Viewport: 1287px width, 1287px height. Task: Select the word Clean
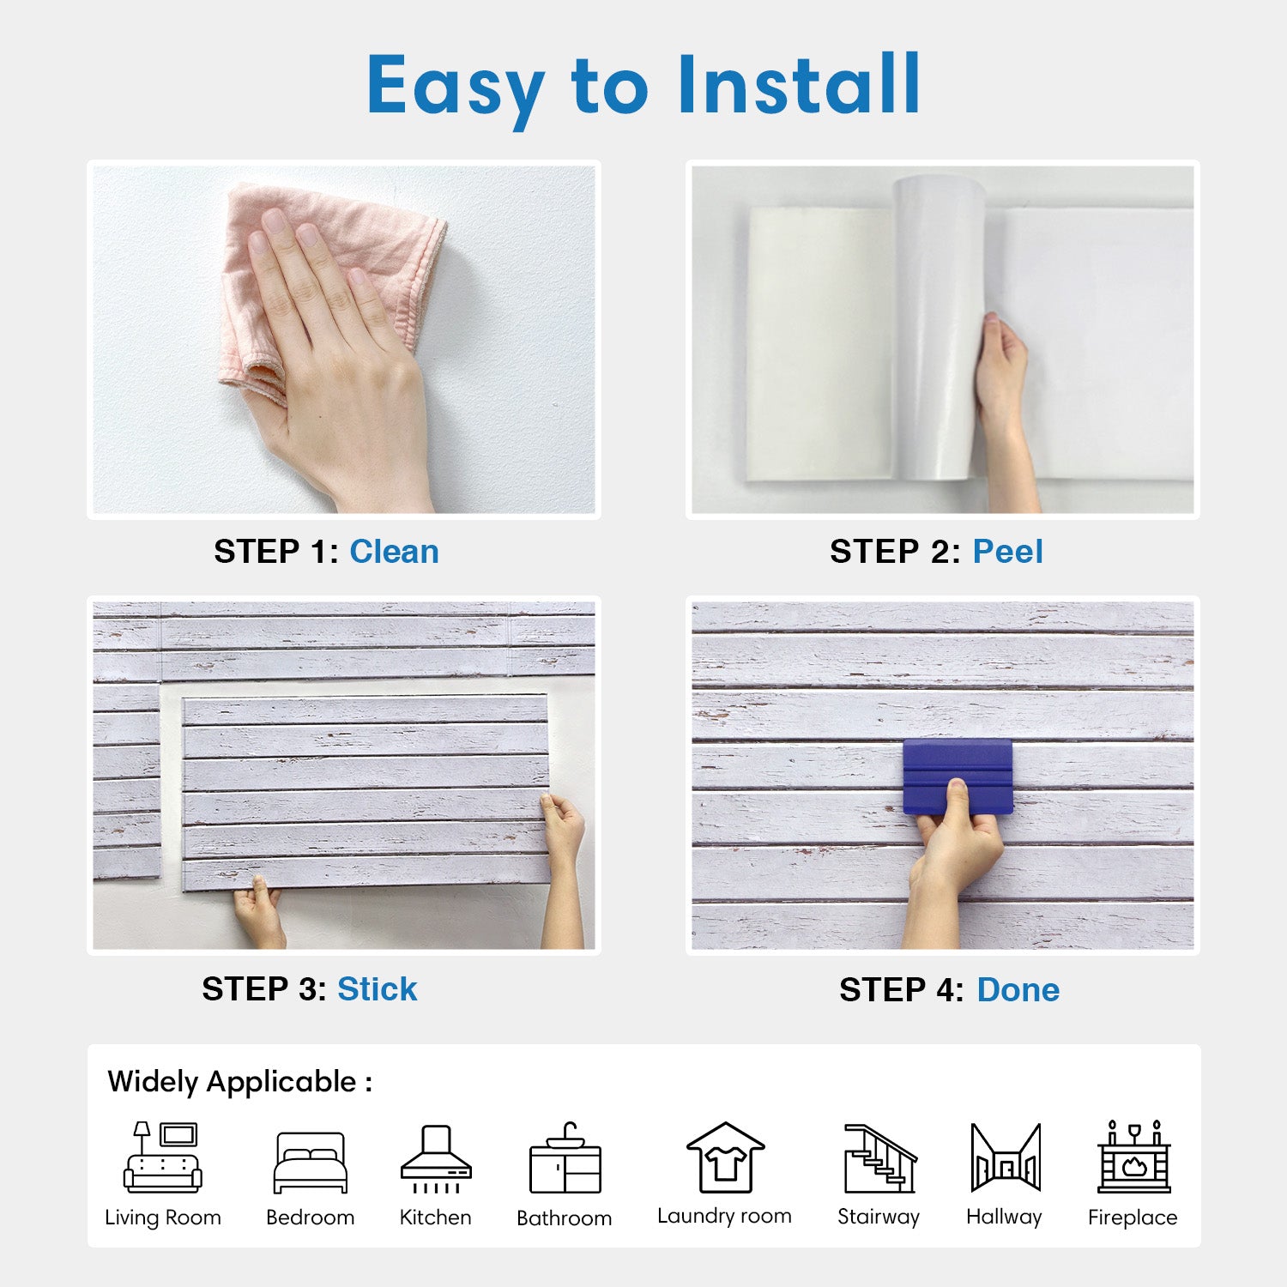pos(394,552)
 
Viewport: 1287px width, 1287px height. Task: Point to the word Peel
pos(1007,552)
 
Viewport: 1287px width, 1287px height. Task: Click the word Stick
pos(377,989)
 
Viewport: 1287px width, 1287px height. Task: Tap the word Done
pos(1018,990)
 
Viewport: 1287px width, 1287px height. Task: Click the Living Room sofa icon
pos(163,1157)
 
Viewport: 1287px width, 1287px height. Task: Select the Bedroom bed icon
pos(311,1163)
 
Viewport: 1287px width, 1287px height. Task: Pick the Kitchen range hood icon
pos(436,1159)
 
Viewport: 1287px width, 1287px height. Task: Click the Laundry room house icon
pos(725,1157)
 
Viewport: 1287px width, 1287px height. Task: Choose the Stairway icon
pos(880,1158)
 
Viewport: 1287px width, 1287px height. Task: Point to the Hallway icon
pos(1006,1157)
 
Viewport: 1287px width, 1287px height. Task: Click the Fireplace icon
pos(1134,1157)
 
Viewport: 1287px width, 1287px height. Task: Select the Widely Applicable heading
pos(240,1082)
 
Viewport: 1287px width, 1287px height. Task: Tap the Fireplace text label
pos(1133,1218)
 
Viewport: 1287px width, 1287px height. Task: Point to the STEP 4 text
pos(902,990)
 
